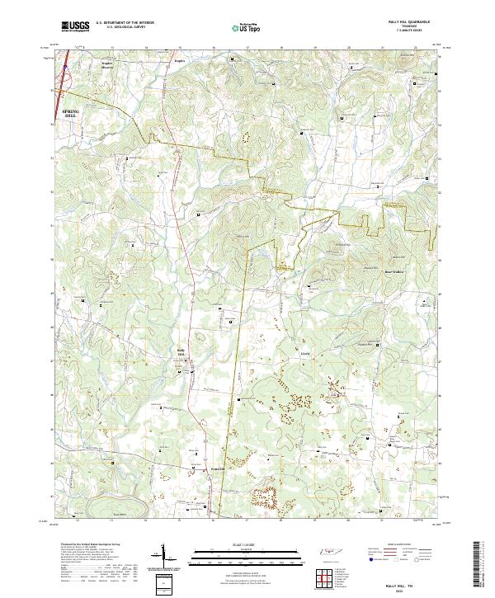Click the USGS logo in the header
(x=75, y=26)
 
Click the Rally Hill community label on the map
(x=181, y=351)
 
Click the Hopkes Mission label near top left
(x=106, y=64)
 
